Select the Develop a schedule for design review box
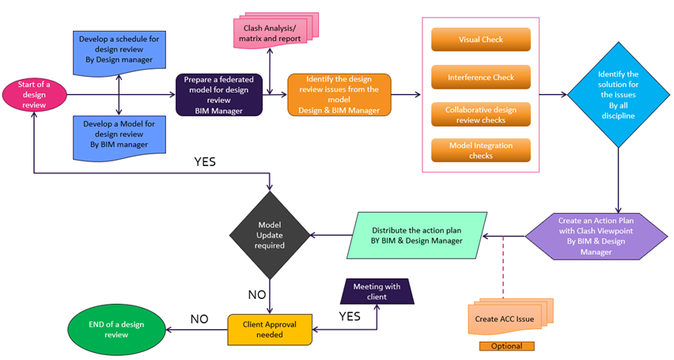click(x=116, y=50)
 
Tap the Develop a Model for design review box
click(x=116, y=134)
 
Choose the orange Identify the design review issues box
click(x=339, y=96)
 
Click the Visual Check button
click(x=480, y=40)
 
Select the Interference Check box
click(x=480, y=77)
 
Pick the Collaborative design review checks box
click(x=480, y=114)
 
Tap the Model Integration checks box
click(x=480, y=150)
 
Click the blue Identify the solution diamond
click(x=617, y=96)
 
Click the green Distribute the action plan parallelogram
click(x=404, y=235)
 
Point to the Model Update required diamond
click(x=269, y=235)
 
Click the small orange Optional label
click(x=506, y=346)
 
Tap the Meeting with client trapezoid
click(x=377, y=291)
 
